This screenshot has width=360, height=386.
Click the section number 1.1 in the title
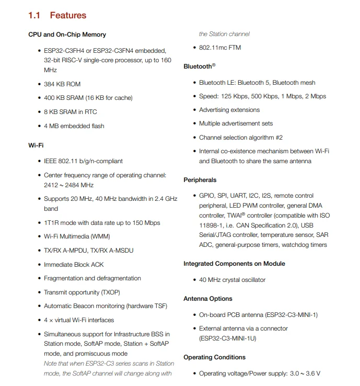[x=34, y=16]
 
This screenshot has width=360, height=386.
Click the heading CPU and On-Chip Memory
[x=67, y=35]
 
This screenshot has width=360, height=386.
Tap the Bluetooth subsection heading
[x=199, y=67]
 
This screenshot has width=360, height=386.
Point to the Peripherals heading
[x=200, y=180]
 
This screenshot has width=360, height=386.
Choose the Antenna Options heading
[x=207, y=299]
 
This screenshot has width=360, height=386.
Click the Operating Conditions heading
[x=214, y=357]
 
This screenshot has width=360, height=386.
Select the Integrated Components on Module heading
[x=234, y=264]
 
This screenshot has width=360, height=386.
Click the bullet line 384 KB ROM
[x=62, y=84]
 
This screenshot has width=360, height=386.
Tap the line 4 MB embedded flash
[x=74, y=126]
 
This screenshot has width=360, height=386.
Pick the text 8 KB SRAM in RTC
[x=70, y=112]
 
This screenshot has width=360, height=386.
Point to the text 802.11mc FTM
[x=219, y=48]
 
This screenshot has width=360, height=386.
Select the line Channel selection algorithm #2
[x=240, y=138]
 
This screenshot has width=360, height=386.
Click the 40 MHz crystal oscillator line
[x=232, y=280]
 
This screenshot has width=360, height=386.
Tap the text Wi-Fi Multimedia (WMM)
[x=77, y=236]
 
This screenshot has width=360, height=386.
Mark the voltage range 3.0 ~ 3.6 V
[x=305, y=373]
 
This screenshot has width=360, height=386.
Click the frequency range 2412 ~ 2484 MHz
[x=68, y=185]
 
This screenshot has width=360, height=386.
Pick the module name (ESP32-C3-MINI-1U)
[x=227, y=338]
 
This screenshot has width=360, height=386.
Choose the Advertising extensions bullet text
[x=229, y=110]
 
